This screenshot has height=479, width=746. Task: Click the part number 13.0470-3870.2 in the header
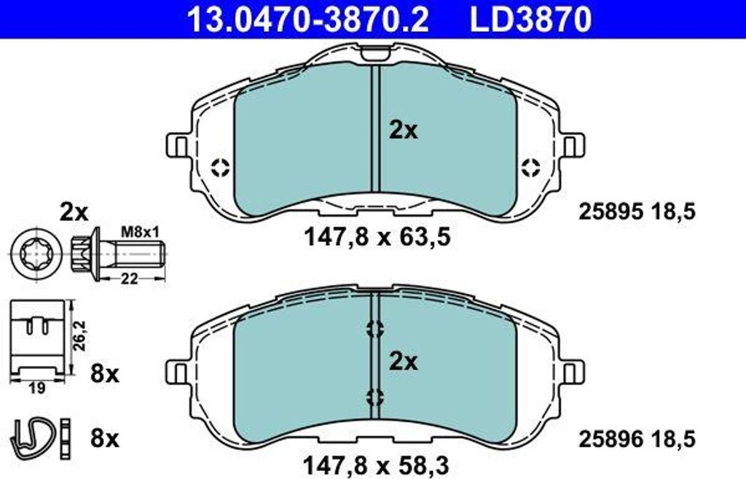308,19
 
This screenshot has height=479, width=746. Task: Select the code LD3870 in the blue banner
530,19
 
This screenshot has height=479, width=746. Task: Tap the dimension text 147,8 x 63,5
377,237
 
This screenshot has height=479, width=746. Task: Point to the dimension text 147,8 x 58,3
376,465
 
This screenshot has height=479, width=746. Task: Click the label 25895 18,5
637,211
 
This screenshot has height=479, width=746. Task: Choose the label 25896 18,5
637,439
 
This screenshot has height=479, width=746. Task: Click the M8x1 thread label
141,233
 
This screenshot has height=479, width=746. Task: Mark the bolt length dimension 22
129,278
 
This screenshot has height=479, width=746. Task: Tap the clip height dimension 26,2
79,335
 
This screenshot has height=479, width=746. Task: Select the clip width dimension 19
36,389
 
